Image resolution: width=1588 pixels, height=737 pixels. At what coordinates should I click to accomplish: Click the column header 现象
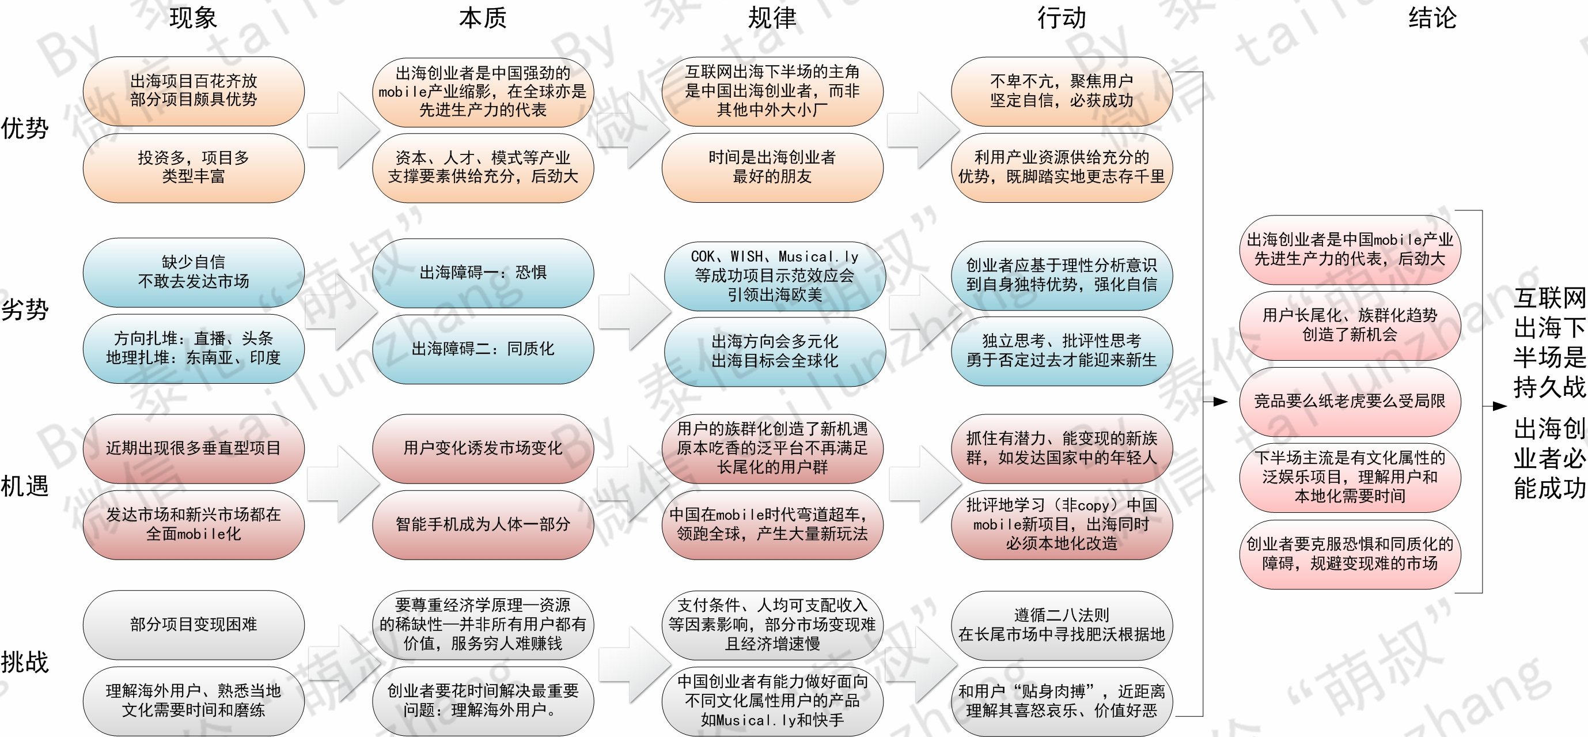tap(193, 18)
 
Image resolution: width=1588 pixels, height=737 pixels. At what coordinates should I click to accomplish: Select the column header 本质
tap(482, 18)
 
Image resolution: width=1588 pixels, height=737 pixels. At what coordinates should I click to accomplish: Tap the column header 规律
tap(772, 18)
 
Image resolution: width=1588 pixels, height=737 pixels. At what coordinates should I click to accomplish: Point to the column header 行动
tap(1061, 18)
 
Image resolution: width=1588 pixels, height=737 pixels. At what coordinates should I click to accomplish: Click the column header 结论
tap(1432, 18)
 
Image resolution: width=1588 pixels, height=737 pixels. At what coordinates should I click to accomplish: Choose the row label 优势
tap(25, 128)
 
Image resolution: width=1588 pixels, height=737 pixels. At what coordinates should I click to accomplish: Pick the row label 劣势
tap(25, 309)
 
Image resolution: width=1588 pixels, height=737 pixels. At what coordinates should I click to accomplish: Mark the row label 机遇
tap(25, 486)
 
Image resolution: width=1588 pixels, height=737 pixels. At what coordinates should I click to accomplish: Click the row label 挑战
tap(25, 662)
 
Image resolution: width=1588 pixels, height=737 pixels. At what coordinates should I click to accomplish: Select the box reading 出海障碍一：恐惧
tap(483, 273)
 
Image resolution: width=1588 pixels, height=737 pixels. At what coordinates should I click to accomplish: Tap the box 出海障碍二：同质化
tap(483, 349)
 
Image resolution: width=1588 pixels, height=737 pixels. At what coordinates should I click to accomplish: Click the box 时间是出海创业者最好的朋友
tap(772, 167)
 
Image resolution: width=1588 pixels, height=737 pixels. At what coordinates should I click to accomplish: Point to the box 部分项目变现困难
tap(194, 624)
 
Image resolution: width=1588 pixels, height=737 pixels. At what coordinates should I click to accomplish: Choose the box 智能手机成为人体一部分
tap(483, 524)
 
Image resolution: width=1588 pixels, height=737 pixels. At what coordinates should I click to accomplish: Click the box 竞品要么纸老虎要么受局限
tap(1350, 402)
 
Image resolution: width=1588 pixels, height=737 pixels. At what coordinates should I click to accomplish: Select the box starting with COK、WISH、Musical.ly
tap(774, 275)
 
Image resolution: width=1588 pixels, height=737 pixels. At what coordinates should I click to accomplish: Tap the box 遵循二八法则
tap(1061, 625)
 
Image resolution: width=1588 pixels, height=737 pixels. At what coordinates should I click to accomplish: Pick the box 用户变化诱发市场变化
tap(483, 448)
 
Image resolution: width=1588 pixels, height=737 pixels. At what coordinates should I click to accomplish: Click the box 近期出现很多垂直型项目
tap(194, 448)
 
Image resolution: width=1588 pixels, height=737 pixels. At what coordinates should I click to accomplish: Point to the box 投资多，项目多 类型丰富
tap(194, 167)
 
